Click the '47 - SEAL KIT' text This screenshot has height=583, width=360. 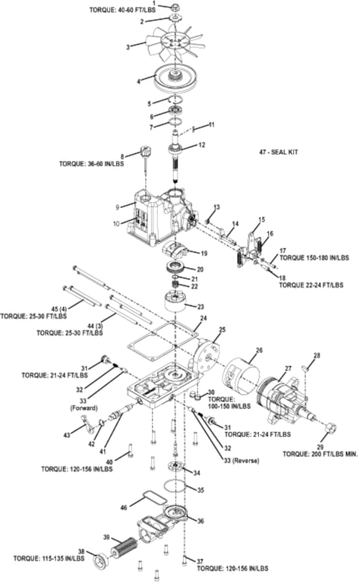click(279, 152)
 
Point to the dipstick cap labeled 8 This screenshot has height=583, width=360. click(144, 152)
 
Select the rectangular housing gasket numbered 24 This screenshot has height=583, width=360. click(162, 341)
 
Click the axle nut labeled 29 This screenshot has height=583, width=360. click(330, 427)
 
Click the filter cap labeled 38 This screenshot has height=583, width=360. click(100, 562)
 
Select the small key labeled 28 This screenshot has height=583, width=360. click(306, 367)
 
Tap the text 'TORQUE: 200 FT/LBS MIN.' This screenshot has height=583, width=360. click(321, 454)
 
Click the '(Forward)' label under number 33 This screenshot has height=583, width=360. click(84, 408)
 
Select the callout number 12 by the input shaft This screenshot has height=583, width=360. click(201, 145)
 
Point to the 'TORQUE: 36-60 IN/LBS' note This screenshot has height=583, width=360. click(91, 164)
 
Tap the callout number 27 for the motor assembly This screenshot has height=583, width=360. click(288, 368)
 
